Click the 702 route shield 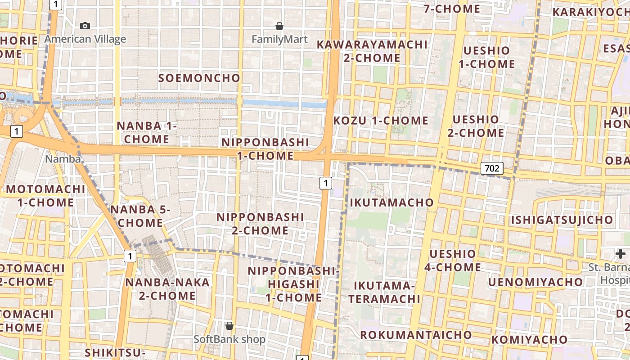tap(492, 169)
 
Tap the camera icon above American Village tap(85, 26)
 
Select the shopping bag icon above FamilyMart tap(279, 26)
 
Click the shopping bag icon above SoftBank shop tap(229, 325)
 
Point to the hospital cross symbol tap(621, 253)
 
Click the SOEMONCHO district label tap(199, 78)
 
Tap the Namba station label tap(63, 159)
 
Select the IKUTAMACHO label tap(391, 202)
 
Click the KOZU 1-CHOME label tap(381, 121)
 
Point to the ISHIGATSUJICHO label tap(562, 220)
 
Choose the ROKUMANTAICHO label tap(416, 335)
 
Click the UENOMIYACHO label tap(535, 282)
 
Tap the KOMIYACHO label tap(529, 340)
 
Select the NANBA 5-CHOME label tap(140, 216)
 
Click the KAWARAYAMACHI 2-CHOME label tap(372, 51)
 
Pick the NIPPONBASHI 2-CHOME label tap(260, 224)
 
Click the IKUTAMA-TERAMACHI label tap(384, 292)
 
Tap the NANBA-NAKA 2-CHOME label tap(167, 289)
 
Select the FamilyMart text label tap(279, 40)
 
